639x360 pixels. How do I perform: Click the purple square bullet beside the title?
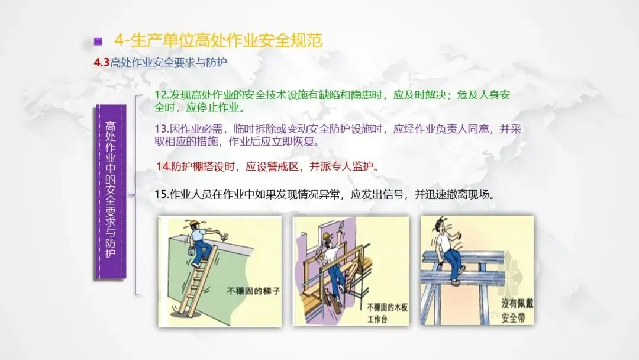(x=98, y=41)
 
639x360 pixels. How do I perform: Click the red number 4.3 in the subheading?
(x=102, y=62)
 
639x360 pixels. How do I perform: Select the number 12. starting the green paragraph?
(x=162, y=95)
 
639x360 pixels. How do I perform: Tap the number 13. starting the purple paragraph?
(x=162, y=129)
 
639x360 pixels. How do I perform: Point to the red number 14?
(x=163, y=166)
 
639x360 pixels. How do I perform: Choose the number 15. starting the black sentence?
(x=162, y=194)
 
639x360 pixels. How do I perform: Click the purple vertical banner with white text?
(x=111, y=192)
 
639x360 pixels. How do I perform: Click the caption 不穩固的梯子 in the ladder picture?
(x=253, y=291)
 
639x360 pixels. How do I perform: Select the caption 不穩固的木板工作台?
(x=387, y=313)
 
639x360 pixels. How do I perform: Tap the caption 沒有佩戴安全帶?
(x=517, y=310)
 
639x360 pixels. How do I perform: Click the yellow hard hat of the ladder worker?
(x=195, y=223)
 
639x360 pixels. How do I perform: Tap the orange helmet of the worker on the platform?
(x=326, y=236)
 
